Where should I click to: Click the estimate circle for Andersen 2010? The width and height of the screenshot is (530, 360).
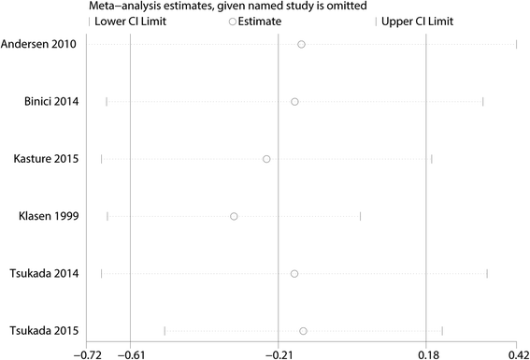tap(301, 44)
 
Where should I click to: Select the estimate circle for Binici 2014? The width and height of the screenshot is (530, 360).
tap(294, 101)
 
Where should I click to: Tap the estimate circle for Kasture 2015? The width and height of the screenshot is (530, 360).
tap(266, 159)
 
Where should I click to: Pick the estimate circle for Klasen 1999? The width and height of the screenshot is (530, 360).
tap(234, 216)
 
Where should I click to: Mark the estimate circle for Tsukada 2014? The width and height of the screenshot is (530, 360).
tap(294, 273)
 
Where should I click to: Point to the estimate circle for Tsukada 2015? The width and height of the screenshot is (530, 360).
tap(303, 331)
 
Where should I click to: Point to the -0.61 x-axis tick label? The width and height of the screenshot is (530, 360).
tap(130, 353)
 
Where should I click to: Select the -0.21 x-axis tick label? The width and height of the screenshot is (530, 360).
tap(279, 353)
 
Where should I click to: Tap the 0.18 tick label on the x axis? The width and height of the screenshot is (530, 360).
tap(426, 353)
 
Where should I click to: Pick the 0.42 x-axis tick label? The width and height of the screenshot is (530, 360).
tap(517, 353)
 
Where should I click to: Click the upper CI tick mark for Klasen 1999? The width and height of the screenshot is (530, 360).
tap(360, 216)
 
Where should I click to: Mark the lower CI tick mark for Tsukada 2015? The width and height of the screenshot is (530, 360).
tap(165, 331)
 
